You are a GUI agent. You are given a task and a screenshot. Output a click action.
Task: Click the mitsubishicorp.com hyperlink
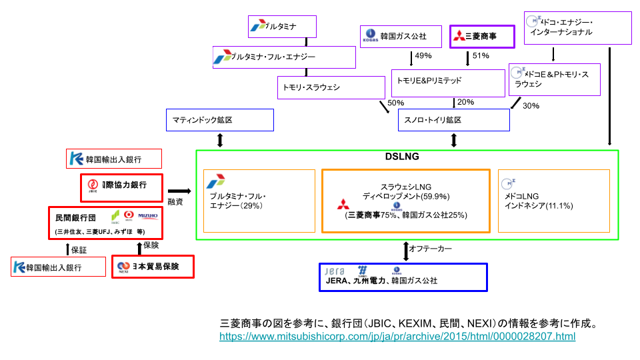(x=397, y=337)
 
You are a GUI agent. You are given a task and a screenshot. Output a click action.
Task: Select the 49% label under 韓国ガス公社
(x=423, y=56)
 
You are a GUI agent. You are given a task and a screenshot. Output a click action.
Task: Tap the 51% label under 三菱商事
(x=481, y=56)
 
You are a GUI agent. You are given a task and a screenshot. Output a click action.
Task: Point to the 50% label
(x=395, y=103)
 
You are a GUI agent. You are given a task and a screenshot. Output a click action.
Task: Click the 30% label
(x=531, y=106)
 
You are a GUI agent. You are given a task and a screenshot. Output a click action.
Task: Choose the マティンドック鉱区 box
(x=219, y=120)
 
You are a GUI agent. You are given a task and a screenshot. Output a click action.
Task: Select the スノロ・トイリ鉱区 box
(x=453, y=120)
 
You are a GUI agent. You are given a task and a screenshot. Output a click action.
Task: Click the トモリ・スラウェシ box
(x=331, y=87)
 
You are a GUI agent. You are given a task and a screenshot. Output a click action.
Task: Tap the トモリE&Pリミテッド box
(x=448, y=82)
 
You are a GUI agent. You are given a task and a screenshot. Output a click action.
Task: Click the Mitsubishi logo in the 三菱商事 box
(x=458, y=37)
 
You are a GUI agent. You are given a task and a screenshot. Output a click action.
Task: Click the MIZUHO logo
(x=147, y=215)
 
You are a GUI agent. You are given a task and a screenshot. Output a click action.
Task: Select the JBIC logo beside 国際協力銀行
(x=93, y=185)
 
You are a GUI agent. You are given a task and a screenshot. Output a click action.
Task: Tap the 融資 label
(x=175, y=201)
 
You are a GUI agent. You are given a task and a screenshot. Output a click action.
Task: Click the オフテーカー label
(x=431, y=249)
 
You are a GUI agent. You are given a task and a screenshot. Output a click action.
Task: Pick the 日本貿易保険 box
(x=154, y=267)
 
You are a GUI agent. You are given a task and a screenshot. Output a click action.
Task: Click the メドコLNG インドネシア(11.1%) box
(x=553, y=201)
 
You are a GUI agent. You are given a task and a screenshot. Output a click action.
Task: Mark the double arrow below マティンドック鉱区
(x=220, y=140)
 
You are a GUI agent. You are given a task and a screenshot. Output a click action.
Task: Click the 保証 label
(x=79, y=250)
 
